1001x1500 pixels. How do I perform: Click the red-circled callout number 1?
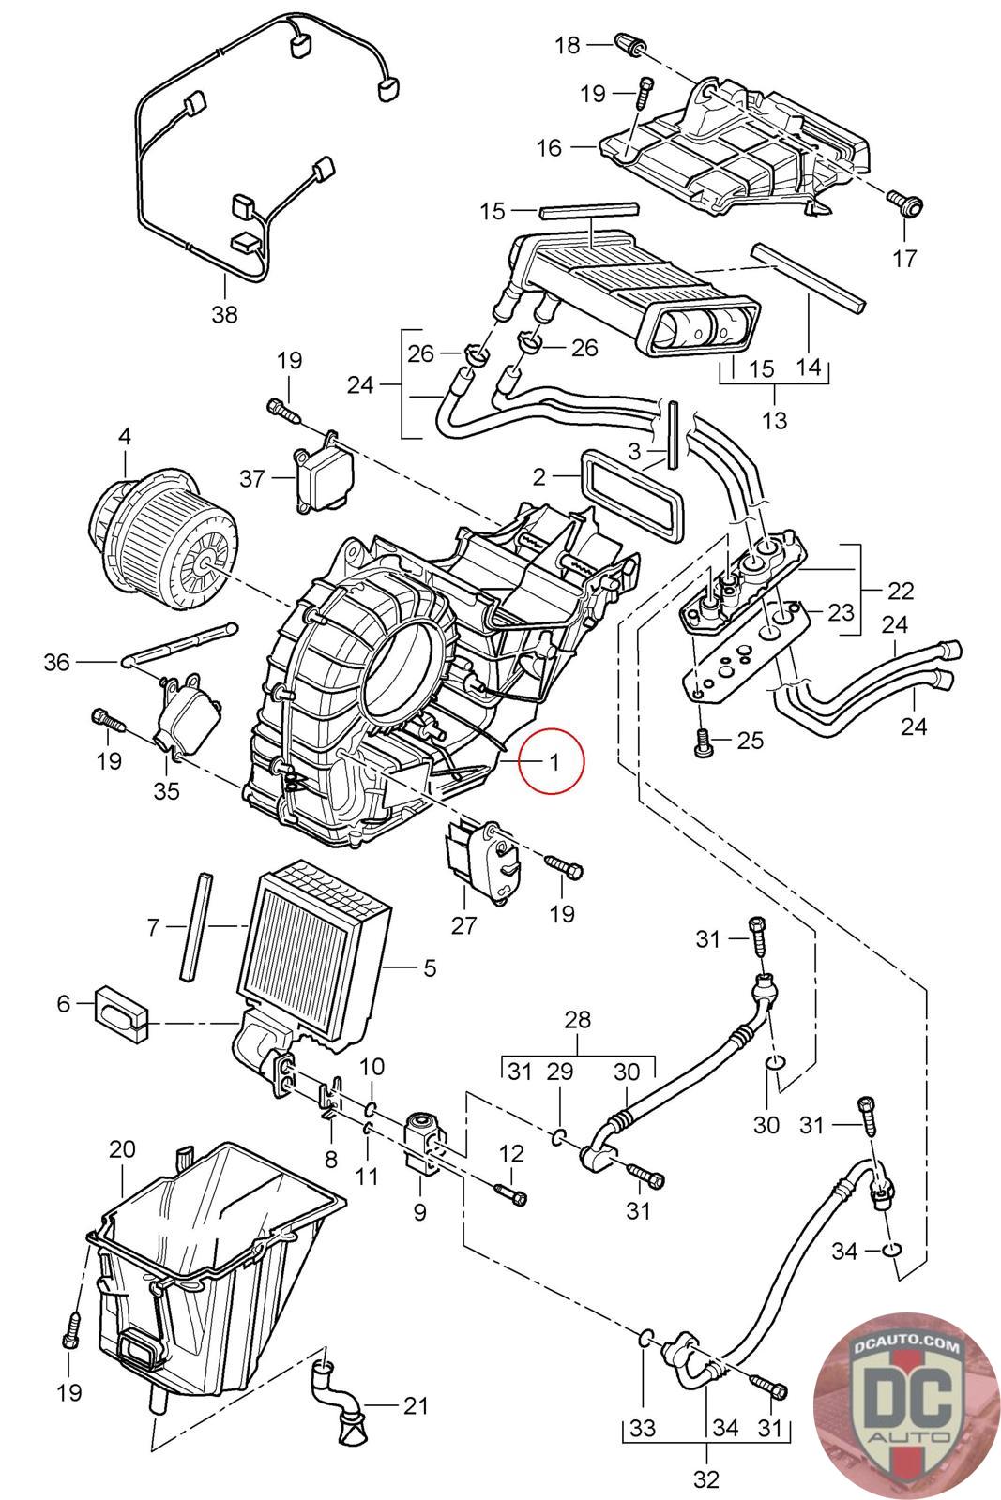click(x=554, y=761)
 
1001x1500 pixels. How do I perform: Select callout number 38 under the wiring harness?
click(x=224, y=315)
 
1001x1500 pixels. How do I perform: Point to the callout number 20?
click(x=123, y=1148)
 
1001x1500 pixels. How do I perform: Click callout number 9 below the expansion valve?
click(x=418, y=1212)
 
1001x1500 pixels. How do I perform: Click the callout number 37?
click(x=252, y=479)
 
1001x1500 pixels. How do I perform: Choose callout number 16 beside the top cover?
click(x=549, y=147)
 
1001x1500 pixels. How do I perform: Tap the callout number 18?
click(x=568, y=44)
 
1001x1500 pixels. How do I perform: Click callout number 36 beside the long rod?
click(x=57, y=662)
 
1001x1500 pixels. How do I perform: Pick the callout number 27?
click(x=464, y=925)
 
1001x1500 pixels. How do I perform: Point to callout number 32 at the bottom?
click(x=705, y=1479)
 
